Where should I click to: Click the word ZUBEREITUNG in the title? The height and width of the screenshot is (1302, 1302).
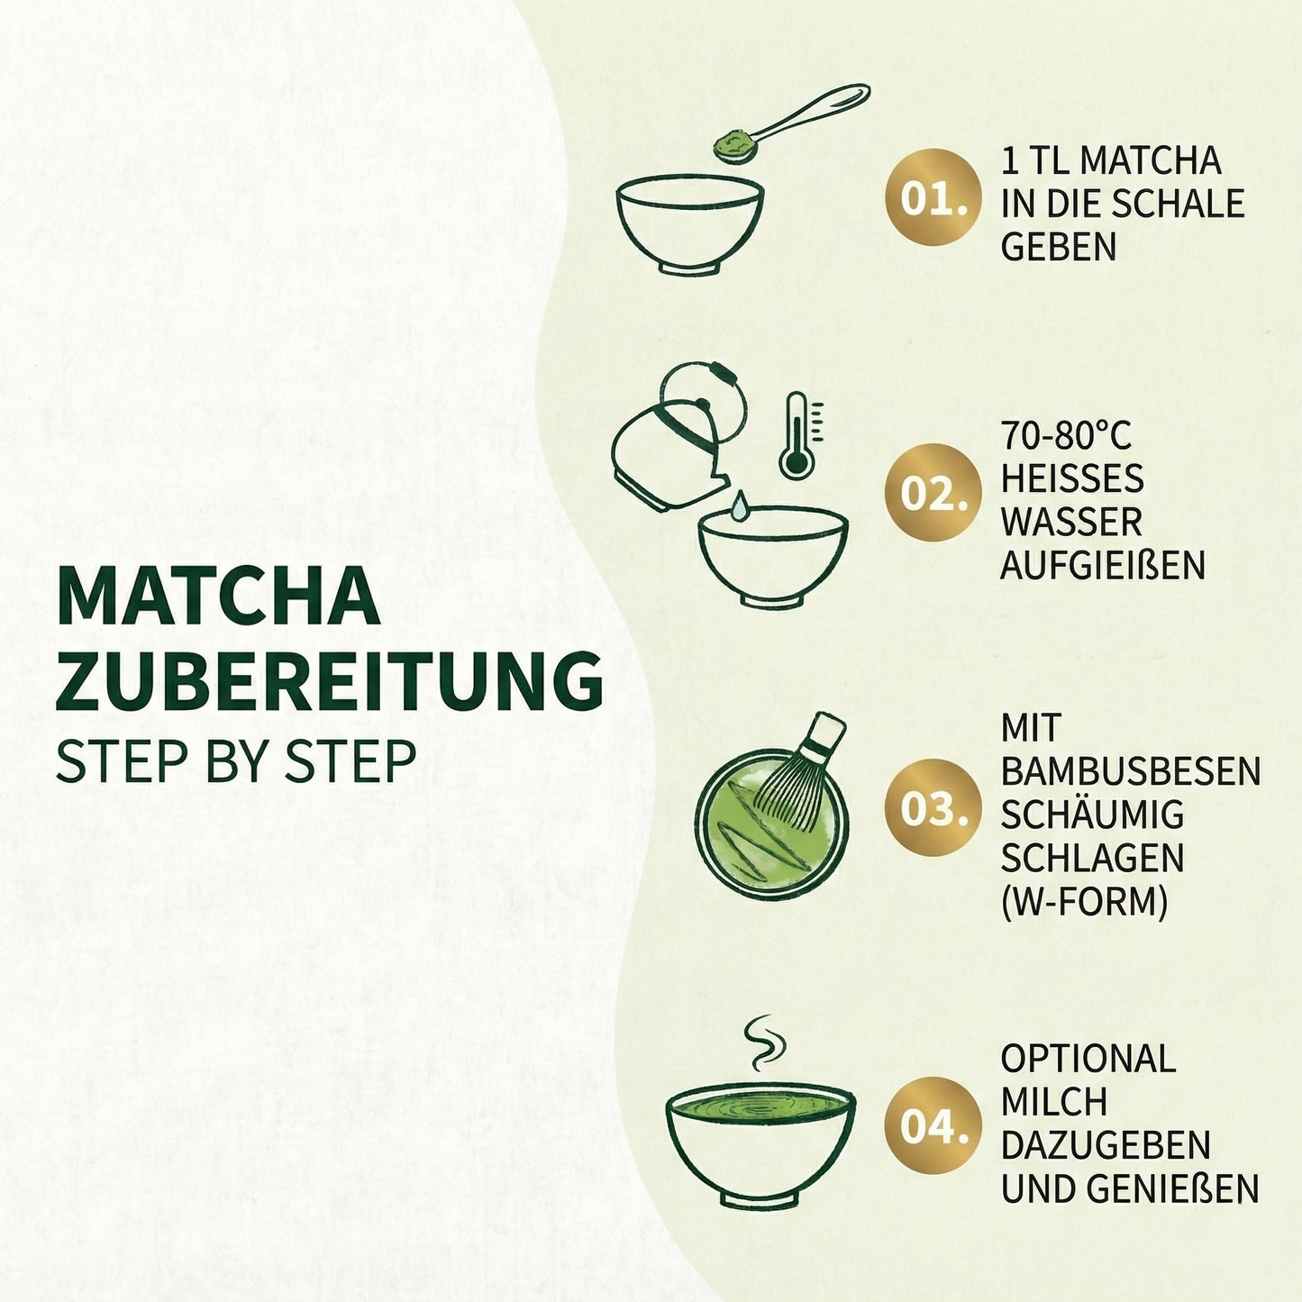329,682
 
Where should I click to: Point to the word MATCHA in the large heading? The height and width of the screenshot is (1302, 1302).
217,596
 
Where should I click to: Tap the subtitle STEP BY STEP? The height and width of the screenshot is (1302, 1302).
235,761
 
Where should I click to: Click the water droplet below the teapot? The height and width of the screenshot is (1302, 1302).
739,506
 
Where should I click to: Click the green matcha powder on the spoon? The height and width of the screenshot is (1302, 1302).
732,144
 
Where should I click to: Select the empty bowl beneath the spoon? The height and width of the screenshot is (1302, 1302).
690,223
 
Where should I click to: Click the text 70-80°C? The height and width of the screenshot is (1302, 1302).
1065,435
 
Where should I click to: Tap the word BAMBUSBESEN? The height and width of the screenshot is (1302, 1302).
1130,771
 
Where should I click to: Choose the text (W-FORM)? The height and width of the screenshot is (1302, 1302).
1084,901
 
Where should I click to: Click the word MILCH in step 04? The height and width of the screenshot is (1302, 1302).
1053,1102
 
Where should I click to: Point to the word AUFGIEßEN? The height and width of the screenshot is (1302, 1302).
1103,566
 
